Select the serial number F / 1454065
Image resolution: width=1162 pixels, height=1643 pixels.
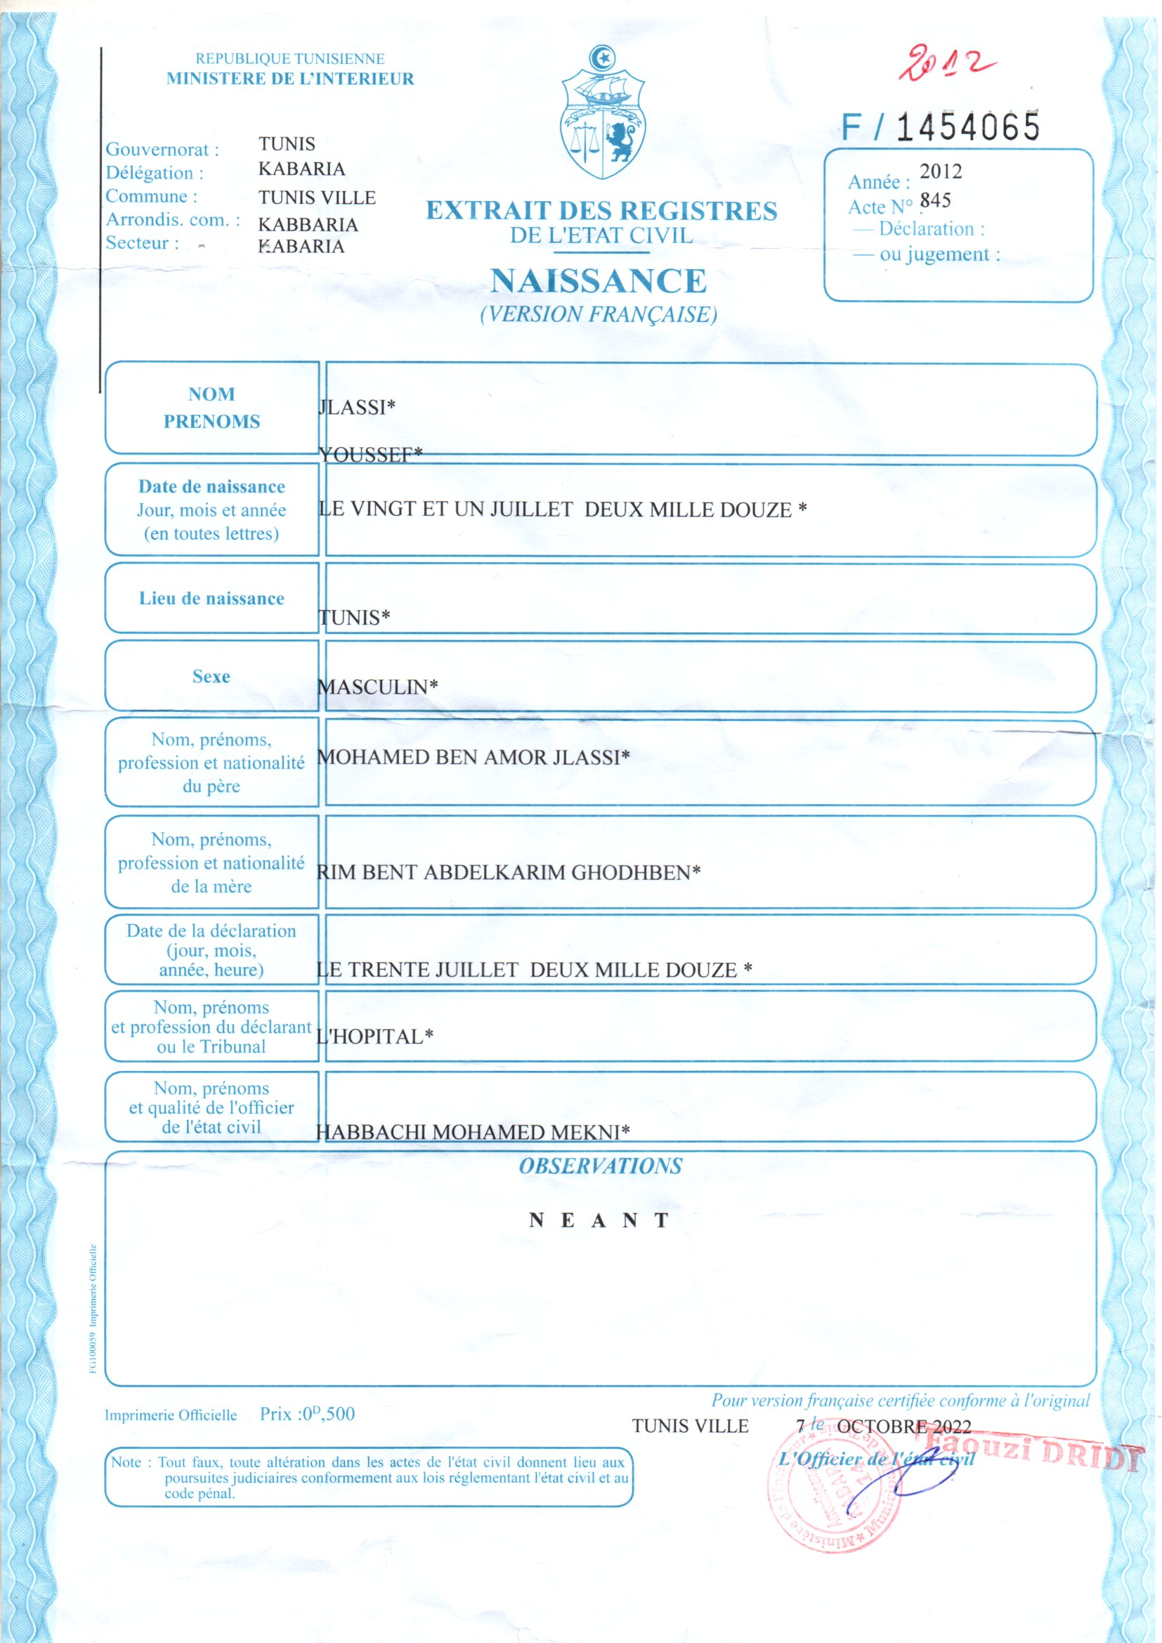point(940,127)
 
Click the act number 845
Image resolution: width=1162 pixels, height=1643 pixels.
point(935,200)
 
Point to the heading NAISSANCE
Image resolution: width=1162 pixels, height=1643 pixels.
point(599,281)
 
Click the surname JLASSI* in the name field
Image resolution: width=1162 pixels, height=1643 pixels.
point(356,407)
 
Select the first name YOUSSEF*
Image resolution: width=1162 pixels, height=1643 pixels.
point(371,455)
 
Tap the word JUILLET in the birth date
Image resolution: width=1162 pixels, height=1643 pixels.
point(531,509)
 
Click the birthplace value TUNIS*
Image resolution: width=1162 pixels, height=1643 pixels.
point(354,618)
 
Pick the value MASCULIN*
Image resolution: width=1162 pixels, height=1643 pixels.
point(377,687)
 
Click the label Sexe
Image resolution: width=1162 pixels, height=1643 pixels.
point(211,676)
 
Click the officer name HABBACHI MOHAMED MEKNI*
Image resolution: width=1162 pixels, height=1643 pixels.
point(473,1132)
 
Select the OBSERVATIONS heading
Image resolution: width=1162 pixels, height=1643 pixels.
point(600,1166)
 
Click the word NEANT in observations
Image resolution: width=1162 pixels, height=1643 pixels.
point(599,1220)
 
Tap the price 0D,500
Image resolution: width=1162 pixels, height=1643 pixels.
point(327,1413)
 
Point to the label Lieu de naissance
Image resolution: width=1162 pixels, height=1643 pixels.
point(211,598)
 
